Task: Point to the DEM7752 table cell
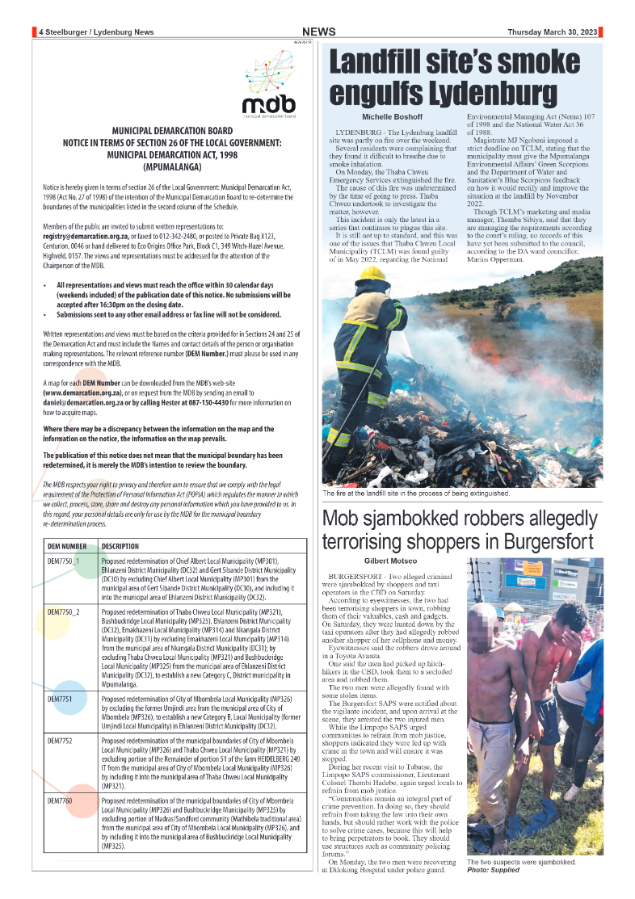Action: tap(59, 739)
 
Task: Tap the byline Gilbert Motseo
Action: tap(391, 561)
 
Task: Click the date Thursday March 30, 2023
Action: tap(553, 32)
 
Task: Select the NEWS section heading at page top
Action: tap(319, 32)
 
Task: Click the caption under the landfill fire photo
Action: tap(416, 493)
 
